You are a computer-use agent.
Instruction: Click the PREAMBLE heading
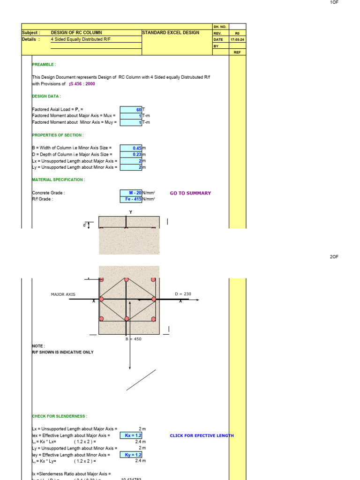tap(44, 65)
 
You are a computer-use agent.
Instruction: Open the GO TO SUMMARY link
tap(190, 193)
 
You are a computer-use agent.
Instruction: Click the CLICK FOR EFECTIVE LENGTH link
tap(202, 435)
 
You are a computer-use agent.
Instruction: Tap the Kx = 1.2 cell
tap(131, 435)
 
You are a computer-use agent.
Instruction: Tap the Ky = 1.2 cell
tap(131, 455)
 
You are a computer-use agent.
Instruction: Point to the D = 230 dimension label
tap(183, 294)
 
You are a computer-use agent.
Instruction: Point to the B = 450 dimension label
tap(133, 339)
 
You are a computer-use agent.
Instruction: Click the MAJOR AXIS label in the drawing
tap(63, 294)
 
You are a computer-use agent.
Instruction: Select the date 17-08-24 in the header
tap(237, 40)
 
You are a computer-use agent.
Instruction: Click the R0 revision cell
tap(237, 33)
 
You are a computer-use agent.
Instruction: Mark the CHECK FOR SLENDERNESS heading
tap(60, 416)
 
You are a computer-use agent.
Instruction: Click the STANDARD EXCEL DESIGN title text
tap(171, 33)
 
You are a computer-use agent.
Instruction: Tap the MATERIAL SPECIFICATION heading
tap(59, 180)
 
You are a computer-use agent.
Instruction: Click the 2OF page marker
tap(334, 257)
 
